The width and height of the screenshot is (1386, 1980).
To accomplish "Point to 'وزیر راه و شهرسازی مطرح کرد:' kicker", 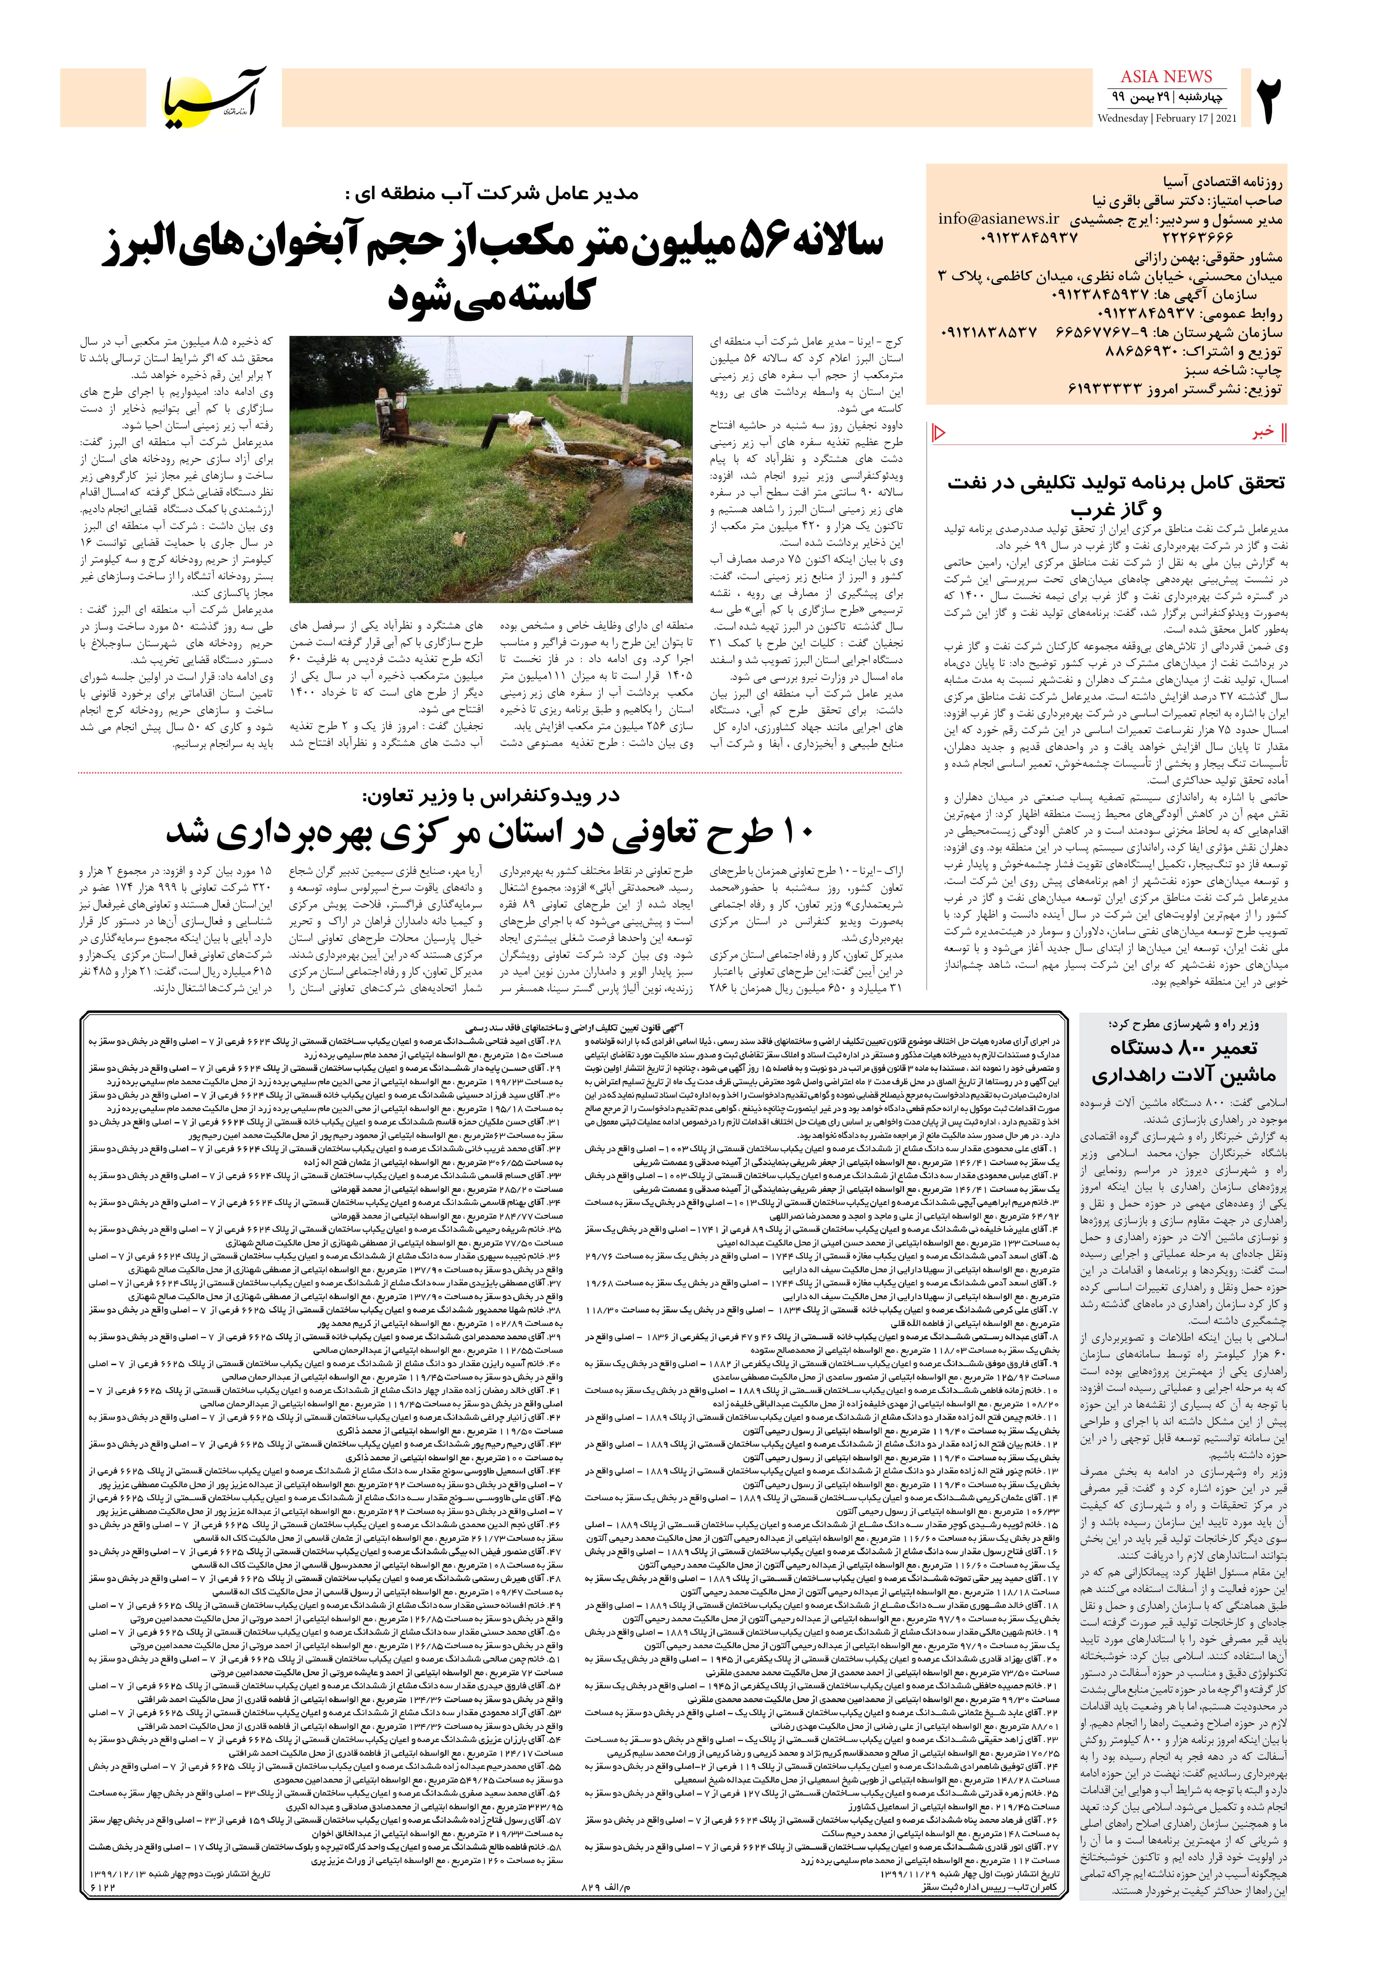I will tap(1183, 1025).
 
